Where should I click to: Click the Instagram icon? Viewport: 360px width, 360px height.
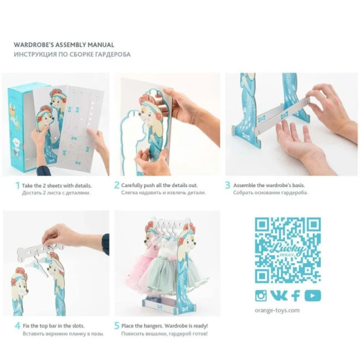[x=261, y=295]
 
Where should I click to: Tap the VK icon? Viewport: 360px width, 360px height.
[x=278, y=295]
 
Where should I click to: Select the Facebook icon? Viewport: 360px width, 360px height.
[x=296, y=295]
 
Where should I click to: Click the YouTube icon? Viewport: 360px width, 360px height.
[x=313, y=295]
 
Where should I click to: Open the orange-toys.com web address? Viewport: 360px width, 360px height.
[x=277, y=310]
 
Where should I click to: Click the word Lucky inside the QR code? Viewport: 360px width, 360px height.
[x=289, y=249]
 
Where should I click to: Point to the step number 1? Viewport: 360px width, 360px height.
[x=18, y=185]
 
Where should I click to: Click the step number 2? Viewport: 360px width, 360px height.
[x=117, y=185]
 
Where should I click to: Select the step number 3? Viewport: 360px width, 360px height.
[x=228, y=185]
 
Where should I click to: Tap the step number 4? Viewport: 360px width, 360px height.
[x=18, y=325]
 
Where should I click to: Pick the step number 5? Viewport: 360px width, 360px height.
[x=117, y=325]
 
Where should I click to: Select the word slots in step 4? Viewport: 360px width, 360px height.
[x=79, y=326]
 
